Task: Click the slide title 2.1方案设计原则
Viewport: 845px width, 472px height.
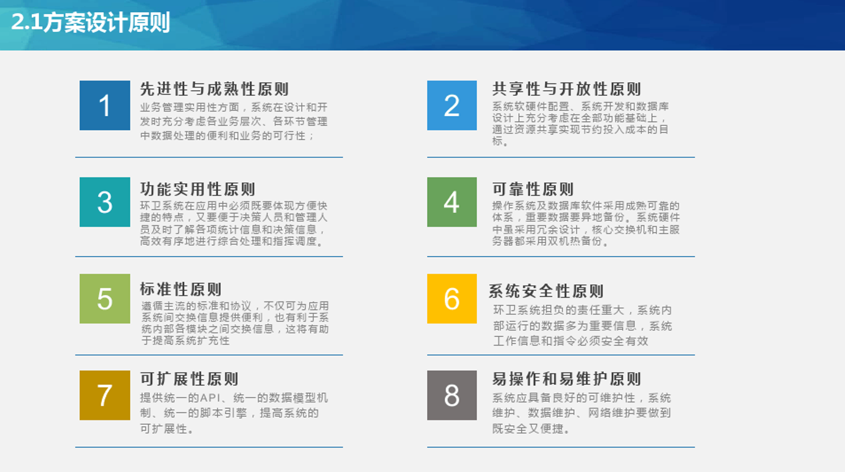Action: (x=91, y=22)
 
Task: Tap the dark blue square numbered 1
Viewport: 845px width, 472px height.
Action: (x=105, y=106)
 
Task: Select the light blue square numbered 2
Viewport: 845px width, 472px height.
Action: (x=452, y=106)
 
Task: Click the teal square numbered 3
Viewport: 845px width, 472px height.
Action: (x=105, y=202)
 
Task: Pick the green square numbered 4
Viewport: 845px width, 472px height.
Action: (x=452, y=202)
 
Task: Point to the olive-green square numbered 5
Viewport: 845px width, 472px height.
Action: (x=105, y=298)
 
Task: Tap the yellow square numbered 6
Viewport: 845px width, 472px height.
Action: (x=452, y=298)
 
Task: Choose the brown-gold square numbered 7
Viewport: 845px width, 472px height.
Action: (x=105, y=395)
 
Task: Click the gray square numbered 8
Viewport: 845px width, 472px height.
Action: (x=452, y=395)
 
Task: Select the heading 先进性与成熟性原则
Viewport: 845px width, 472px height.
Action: (x=214, y=89)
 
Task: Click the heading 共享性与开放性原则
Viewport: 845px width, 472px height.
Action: (x=566, y=89)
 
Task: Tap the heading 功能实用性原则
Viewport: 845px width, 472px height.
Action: (x=198, y=189)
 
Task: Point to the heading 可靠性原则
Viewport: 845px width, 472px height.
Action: (x=533, y=189)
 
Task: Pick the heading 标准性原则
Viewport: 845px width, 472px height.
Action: (x=180, y=289)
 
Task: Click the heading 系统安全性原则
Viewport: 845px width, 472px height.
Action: (x=546, y=291)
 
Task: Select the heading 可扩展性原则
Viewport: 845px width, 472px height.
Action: (x=189, y=379)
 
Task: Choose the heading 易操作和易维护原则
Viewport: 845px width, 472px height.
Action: (x=566, y=379)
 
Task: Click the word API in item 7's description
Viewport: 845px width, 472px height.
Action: (x=210, y=398)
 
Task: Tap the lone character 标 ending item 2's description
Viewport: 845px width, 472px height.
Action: (x=497, y=141)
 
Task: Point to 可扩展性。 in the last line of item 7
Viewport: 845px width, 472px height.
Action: (x=167, y=428)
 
